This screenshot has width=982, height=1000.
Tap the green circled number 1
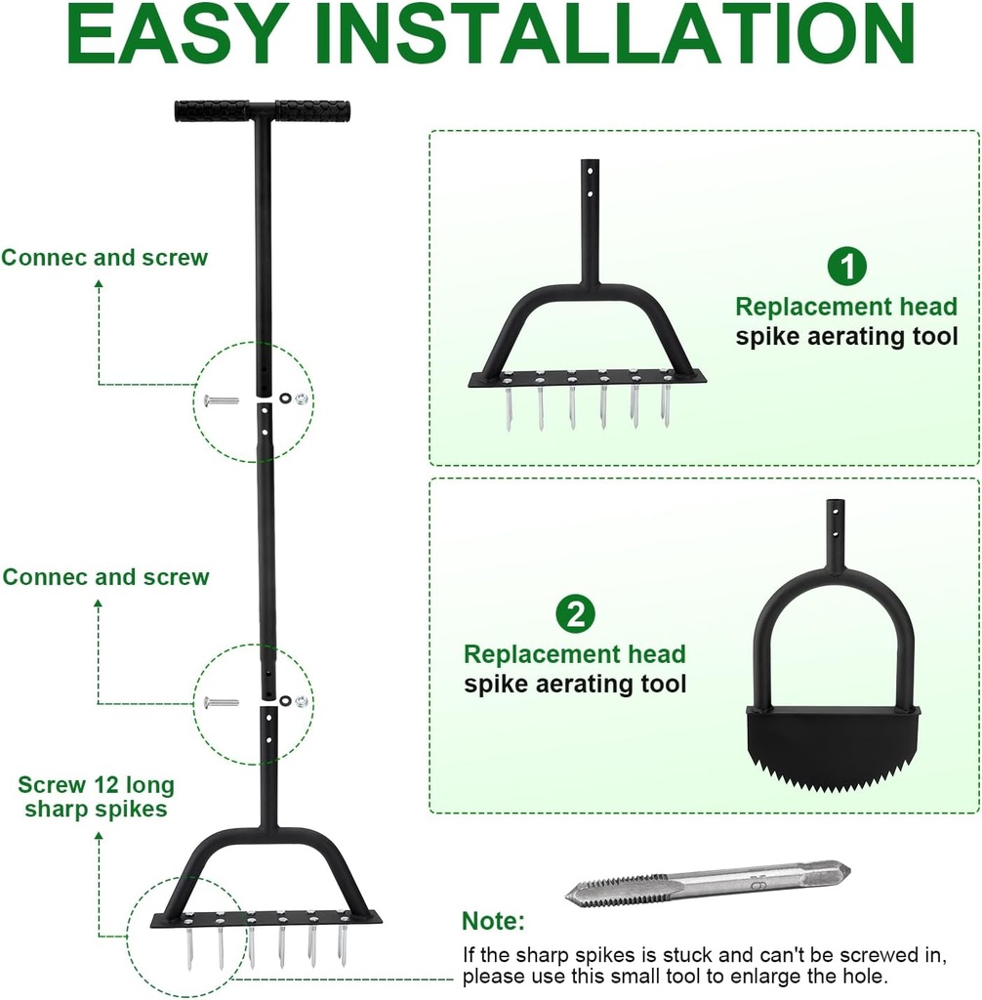click(846, 267)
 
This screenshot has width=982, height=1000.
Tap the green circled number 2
click(575, 613)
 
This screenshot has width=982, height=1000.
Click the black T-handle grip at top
click(263, 110)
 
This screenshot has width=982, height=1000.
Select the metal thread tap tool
click(708, 882)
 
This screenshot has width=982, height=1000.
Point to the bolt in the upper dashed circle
click(222, 399)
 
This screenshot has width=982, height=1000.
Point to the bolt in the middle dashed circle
click(222, 701)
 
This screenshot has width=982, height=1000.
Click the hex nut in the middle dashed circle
click(302, 700)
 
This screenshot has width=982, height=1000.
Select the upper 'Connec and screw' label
click(104, 258)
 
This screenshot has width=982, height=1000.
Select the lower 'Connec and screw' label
click(105, 577)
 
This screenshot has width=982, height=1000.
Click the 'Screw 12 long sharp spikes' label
click(96, 797)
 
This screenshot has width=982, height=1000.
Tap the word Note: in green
click(493, 921)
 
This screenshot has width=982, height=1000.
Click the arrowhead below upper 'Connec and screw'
click(99, 284)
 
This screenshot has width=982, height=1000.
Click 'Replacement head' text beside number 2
click(574, 653)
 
